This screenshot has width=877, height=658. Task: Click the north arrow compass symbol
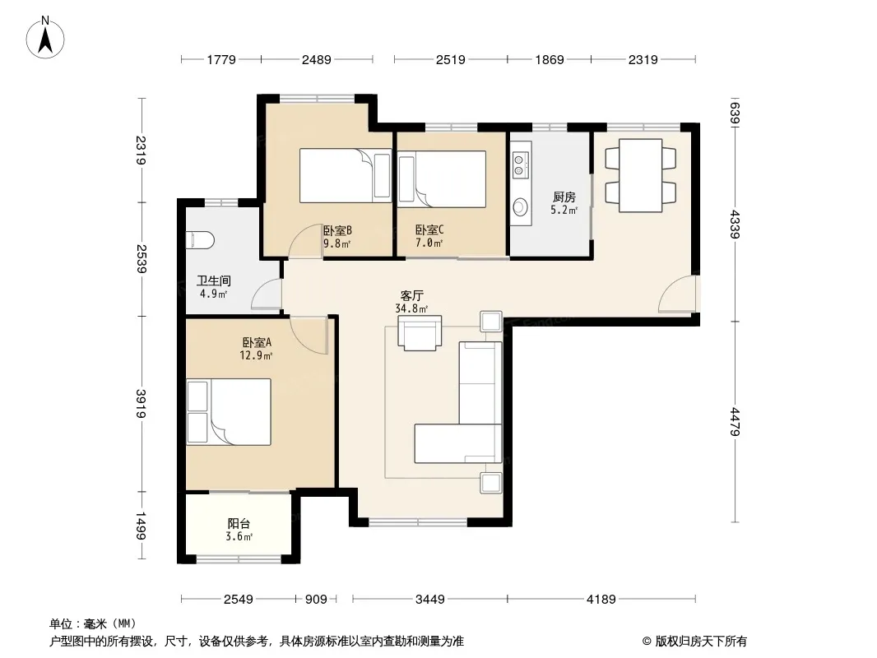[x=45, y=38]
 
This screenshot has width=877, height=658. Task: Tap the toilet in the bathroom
[x=201, y=240]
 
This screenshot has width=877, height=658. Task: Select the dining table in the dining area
[x=640, y=175]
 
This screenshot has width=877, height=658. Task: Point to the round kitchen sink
[x=521, y=206]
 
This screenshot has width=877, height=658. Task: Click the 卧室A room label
[x=257, y=342]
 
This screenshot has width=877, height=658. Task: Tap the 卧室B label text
[x=337, y=230]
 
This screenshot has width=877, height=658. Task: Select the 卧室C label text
[x=429, y=229]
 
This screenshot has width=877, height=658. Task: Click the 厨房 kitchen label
[x=564, y=197]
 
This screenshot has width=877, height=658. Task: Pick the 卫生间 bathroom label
[x=214, y=280]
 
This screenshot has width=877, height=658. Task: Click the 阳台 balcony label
[x=239, y=524]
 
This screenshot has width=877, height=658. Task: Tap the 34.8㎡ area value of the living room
[x=411, y=308]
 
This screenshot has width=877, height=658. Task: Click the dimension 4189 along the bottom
[x=601, y=600]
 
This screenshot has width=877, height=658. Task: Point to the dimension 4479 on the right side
[x=735, y=422]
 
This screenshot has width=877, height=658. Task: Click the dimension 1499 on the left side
[x=141, y=526]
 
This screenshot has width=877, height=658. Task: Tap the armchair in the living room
[x=420, y=332]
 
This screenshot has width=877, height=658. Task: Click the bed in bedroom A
[x=229, y=412]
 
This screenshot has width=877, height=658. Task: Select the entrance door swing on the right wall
[x=677, y=294]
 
